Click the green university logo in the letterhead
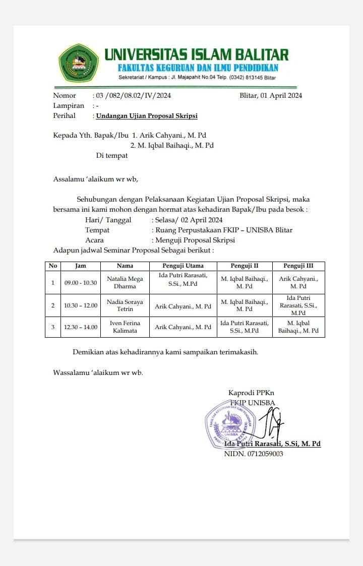[79, 63]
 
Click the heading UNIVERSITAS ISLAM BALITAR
[197, 54]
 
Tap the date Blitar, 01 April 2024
[271, 96]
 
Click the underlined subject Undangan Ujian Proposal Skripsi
[147, 116]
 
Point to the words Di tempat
[112, 156]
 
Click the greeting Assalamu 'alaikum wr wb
[95, 179]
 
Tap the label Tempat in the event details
[97, 230]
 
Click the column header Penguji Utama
[183, 266]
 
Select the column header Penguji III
[298, 266]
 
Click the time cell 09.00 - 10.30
[81, 283]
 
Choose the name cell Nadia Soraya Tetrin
[125, 305]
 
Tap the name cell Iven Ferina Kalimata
[125, 327]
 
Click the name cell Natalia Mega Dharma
[125, 282]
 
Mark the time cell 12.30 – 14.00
[81, 327]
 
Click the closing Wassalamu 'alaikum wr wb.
[98, 373]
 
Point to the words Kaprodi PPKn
[252, 393]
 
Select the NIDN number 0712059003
[254, 454]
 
